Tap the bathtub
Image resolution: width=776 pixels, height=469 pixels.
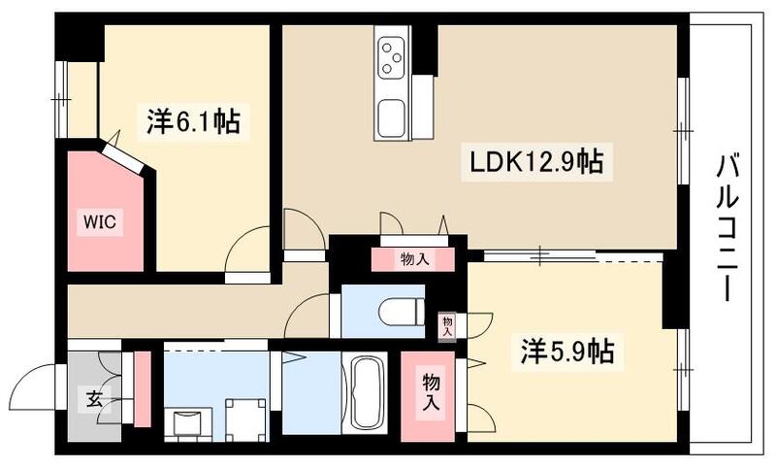[x=367, y=391]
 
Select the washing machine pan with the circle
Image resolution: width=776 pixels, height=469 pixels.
[x=245, y=419]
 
